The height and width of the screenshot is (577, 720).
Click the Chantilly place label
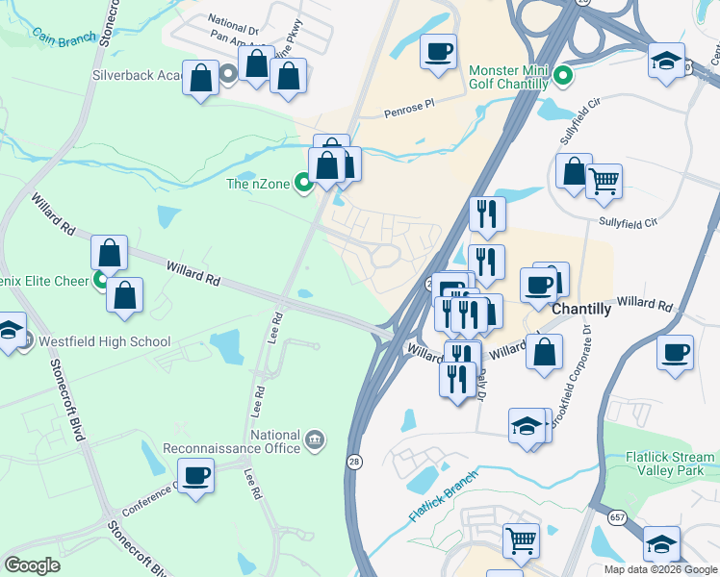click(x=581, y=309)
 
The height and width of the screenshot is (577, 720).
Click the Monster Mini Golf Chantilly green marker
click(x=565, y=74)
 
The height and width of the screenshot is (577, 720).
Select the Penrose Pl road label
click(x=416, y=112)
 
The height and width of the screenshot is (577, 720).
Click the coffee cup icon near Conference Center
click(x=196, y=474)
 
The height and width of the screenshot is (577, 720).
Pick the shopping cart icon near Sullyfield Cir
click(x=604, y=179)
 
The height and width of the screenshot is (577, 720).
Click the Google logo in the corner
click(x=32, y=565)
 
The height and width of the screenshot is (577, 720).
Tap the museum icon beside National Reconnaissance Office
click(x=315, y=440)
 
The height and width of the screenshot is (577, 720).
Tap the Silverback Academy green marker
click(x=228, y=74)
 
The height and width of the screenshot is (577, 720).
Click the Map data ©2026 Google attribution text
click(x=660, y=569)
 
